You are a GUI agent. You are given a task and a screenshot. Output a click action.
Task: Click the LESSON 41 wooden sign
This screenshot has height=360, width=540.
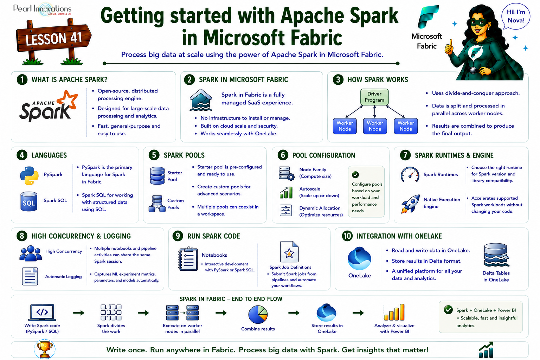pyautogui.click(x=53, y=39)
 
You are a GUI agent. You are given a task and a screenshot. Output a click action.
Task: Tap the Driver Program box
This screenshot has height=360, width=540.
pyautogui.click(x=374, y=97)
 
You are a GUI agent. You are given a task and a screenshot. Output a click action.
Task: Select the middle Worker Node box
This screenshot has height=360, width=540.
pyautogui.click(x=375, y=126)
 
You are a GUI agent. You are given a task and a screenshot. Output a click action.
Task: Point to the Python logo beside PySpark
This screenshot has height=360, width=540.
pyautogui.click(x=29, y=175)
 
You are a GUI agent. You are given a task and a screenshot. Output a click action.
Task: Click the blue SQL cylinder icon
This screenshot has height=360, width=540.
pyautogui.click(x=29, y=201)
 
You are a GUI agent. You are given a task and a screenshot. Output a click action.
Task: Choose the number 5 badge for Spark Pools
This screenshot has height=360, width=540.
pyautogui.click(x=154, y=155)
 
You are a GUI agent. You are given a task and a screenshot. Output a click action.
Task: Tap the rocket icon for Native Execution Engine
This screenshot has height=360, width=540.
pyautogui.click(x=410, y=204)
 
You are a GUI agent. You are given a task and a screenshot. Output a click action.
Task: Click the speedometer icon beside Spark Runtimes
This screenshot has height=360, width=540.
pyautogui.click(x=410, y=174)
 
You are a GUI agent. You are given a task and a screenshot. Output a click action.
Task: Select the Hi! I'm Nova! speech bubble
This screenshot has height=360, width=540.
pyautogui.click(x=516, y=17)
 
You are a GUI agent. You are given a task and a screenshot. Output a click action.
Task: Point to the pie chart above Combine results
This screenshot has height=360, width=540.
pyautogui.click(x=258, y=314)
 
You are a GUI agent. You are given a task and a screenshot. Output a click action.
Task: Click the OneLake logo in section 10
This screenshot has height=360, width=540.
pyautogui.click(x=359, y=258)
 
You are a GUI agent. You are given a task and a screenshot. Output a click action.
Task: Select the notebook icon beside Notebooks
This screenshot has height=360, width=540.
pyautogui.click(x=188, y=259)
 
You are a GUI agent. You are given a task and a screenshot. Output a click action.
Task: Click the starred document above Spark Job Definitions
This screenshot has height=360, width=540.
pyautogui.click(x=289, y=251)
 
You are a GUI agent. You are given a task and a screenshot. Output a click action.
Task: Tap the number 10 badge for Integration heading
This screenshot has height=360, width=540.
pyautogui.click(x=347, y=236)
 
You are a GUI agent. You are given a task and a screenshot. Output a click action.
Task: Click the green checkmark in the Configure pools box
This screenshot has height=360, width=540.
pyautogui.click(x=355, y=175)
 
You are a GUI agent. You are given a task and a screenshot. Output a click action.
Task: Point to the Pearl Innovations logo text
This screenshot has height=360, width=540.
pyautogui.click(x=43, y=9)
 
